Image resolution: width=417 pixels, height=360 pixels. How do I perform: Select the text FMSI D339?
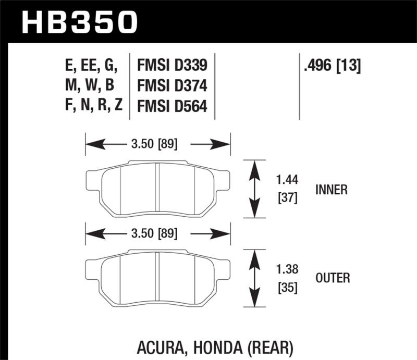[x=172, y=66]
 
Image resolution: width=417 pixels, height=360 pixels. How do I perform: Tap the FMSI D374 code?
[x=172, y=86]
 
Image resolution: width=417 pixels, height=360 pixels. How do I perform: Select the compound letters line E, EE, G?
[x=89, y=66]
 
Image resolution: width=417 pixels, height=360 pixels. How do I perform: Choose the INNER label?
[x=332, y=190]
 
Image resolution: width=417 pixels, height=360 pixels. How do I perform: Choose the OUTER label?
[x=333, y=279]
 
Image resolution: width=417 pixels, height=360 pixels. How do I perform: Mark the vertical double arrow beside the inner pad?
[x=254, y=189]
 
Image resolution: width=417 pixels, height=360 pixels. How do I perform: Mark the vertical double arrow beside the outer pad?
[x=254, y=278]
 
